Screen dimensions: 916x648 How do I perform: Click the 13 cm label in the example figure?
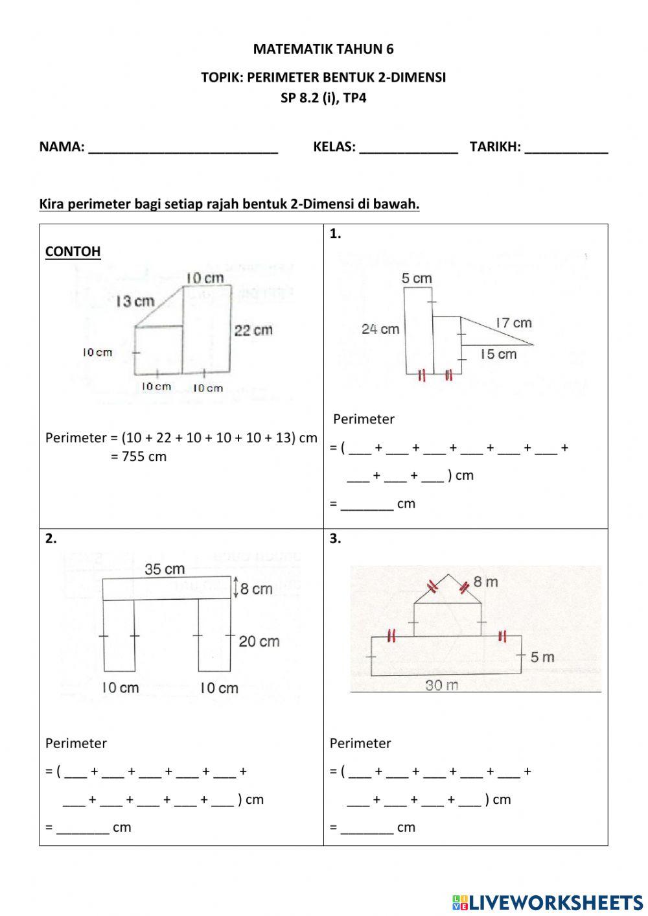pyautogui.click(x=135, y=301)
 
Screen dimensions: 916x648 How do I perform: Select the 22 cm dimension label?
pyautogui.click(x=253, y=330)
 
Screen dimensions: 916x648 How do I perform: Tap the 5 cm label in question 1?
pyautogui.click(x=416, y=279)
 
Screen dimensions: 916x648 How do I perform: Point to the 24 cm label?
pyautogui.click(x=380, y=329)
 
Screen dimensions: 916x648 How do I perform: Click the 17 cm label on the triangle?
pyautogui.click(x=513, y=323)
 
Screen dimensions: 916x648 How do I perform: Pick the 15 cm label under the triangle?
pyautogui.click(x=498, y=354)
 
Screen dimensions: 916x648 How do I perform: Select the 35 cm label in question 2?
pyautogui.click(x=165, y=569)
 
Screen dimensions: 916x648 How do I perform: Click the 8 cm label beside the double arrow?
pyautogui.click(x=256, y=589)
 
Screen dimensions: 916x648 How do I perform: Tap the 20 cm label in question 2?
pyautogui.click(x=259, y=641)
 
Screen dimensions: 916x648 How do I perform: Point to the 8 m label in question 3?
pyautogui.click(x=485, y=581)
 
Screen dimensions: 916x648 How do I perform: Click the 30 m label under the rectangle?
pyautogui.click(x=442, y=685)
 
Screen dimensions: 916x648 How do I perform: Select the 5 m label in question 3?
pyautogui.click(x=542, y=657)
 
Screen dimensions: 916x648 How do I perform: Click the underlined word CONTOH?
pyautogui.click(x=73, y=252)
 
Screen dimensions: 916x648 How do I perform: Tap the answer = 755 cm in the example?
pyautogui.click(x=139, y=456)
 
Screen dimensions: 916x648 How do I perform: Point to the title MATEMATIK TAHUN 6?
pyautogui.click(x=323, y=49)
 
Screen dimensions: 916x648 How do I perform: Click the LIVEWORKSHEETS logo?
pyautogui.click(x=548, y=902)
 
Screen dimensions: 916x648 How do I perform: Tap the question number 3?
pyautogui.click(x=335, y=538)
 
